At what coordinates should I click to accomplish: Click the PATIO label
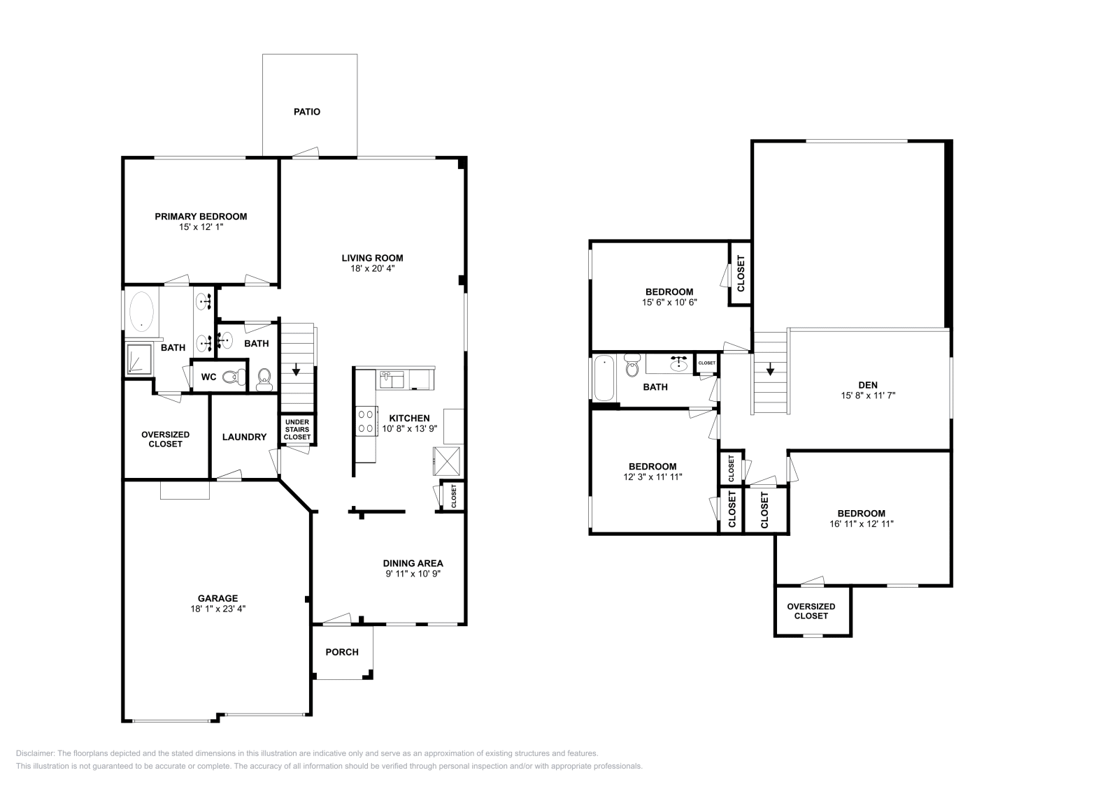[x=307, y=112]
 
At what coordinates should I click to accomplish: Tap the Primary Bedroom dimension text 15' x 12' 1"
[x=201, y=227]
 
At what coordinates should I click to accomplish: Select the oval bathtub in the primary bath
[x=142, y=310]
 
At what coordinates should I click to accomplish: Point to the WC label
[x=208, y=377]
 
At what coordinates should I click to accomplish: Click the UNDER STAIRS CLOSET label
[x=297, y=429]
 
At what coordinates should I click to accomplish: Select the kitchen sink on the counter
[x=392, y=379]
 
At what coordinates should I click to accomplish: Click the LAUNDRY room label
[x=244, y=437]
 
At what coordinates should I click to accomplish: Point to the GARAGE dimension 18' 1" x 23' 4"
[x=218, y=609]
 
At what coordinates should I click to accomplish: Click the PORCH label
[x=342, y=652]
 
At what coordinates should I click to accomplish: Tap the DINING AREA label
[x=413, y=563]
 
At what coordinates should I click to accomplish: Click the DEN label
[x=868, y=385]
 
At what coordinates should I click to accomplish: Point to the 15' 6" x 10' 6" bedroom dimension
[x=669, y=303]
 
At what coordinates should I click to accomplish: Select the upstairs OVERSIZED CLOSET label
[x=811, y=611]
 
